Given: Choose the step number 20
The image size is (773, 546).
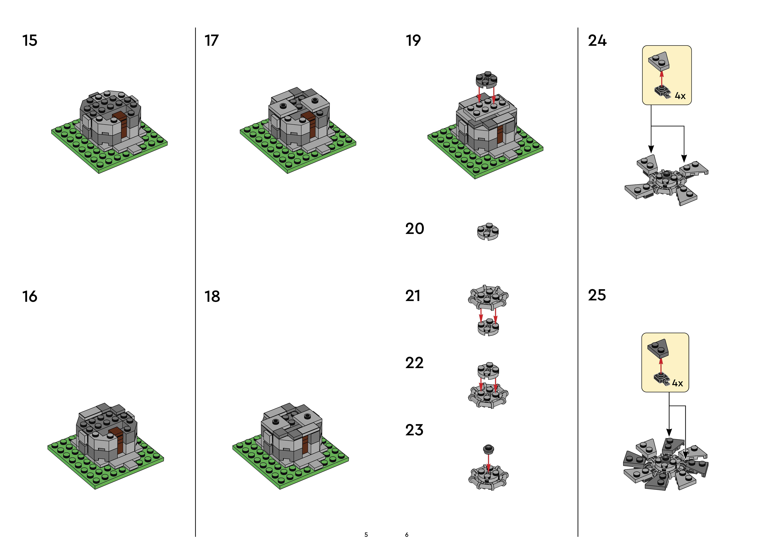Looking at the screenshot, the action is (414, 229).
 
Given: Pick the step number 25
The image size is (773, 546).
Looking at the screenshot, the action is (597, 295).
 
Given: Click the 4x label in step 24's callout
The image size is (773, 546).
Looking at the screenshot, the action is (680, 96).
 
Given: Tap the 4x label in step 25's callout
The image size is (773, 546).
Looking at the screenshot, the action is (677, 383).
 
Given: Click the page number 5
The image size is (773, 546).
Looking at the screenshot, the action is (366, 535).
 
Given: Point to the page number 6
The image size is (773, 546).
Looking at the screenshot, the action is (407, 535).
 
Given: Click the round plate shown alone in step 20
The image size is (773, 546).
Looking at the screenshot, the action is (488, 231).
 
